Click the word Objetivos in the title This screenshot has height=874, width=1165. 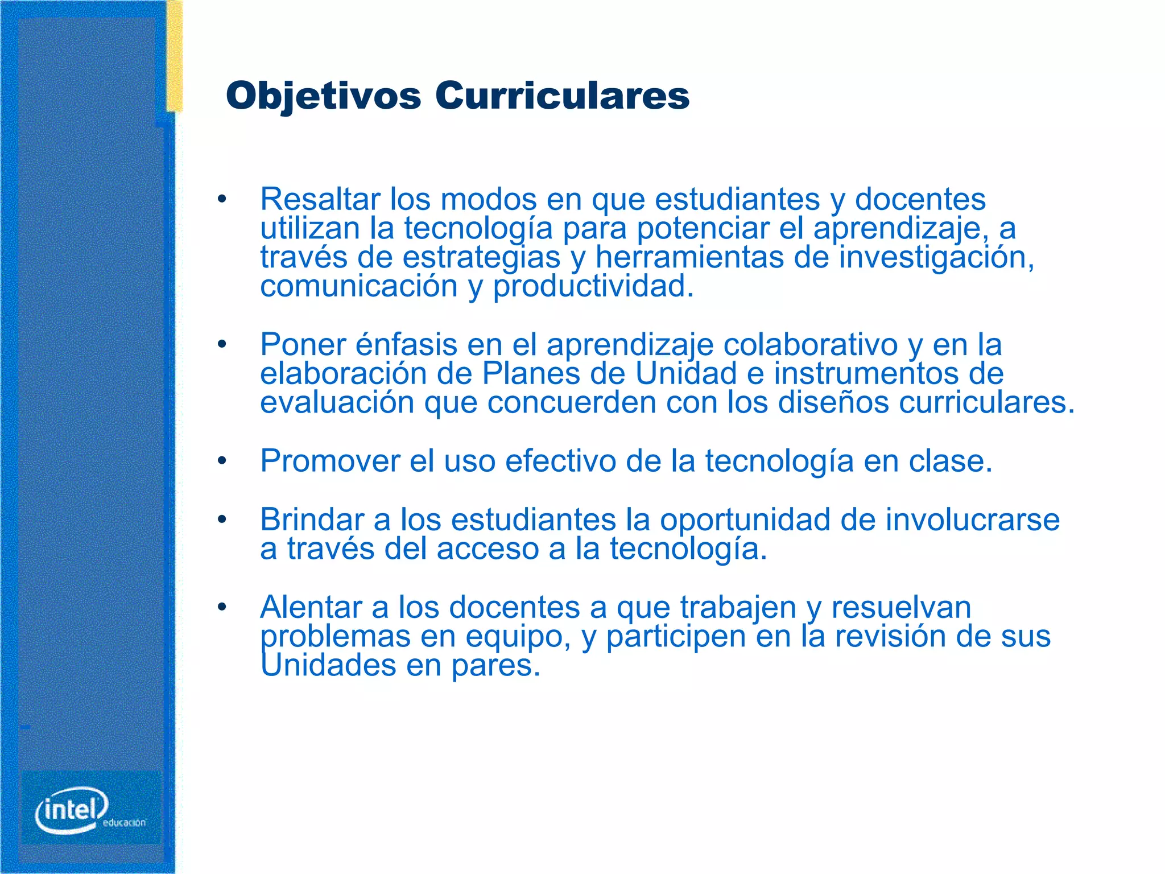pyautogui.click(x=323, y=96)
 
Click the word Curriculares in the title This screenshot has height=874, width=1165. pyautogui.click(x=562, y=96)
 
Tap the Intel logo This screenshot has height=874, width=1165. pyautogui.click(x=72, y=810)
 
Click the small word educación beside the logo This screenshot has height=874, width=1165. pyautogui.click(x=124, y=823)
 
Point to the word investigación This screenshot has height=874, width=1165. pyautogui.click(x=936, y=257)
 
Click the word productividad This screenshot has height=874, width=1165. pyautogui.click(x=593, y=286)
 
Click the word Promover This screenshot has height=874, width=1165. pyautogui.click(x=330, y=461)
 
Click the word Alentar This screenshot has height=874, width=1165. pyautogui.click(x=311, y=607)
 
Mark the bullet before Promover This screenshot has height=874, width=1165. pyautogui.click(x=222, y=461)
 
